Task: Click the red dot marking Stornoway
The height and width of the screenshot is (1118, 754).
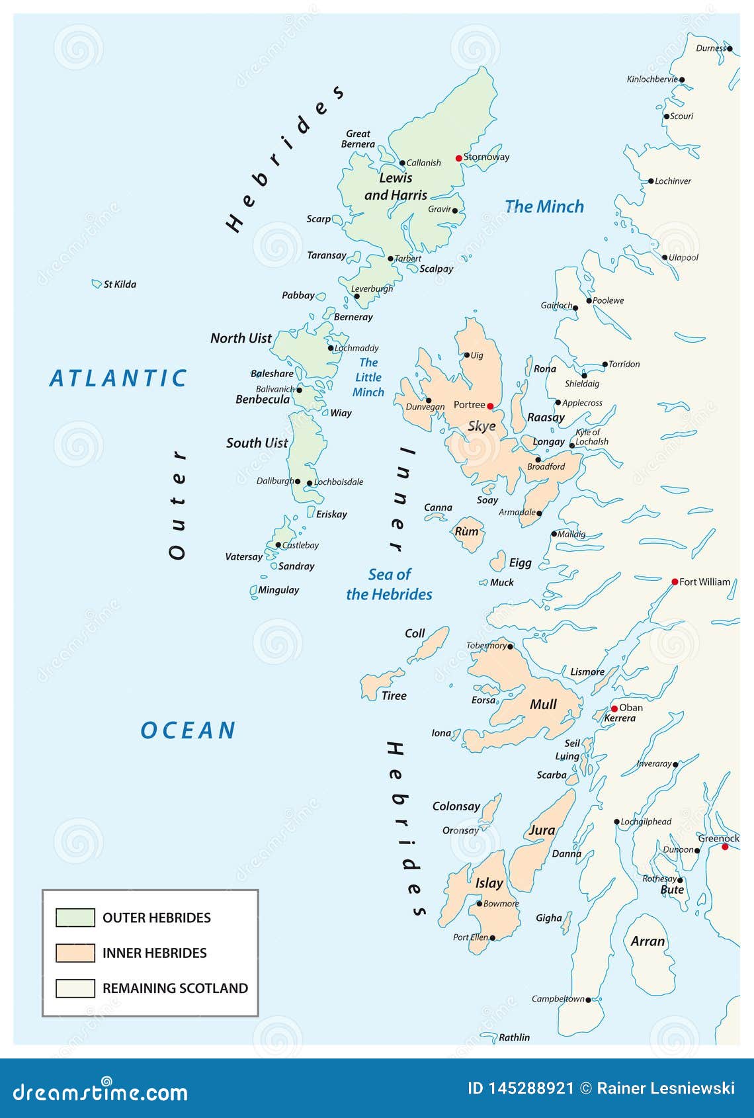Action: point(458,158)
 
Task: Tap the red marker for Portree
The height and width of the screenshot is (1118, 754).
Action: point(490,406)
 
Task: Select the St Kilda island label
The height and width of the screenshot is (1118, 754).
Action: point(120,284)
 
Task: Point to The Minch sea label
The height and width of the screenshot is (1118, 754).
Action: point(544,206)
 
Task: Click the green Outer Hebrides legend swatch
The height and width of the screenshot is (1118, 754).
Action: point(75,918)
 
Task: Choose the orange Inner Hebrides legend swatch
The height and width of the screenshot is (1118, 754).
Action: point(75,953)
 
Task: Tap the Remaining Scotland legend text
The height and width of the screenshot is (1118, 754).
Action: point(175,988)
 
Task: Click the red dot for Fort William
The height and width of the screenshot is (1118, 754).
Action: point(675,582)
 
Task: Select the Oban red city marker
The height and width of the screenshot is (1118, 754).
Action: point(614,709)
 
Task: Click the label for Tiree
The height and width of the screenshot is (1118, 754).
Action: point(394,695)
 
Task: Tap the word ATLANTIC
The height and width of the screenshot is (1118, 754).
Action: point(119,378)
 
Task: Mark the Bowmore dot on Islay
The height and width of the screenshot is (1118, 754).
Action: point(480,904)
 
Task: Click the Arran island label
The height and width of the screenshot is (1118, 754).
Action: point(647,941)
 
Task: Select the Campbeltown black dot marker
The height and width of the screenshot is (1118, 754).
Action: point(588,1000)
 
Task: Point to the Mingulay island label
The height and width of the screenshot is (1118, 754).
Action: point(278,590)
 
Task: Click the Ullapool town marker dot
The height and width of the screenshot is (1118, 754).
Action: point(664,258)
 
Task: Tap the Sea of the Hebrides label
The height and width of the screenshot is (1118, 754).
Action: point(389,584)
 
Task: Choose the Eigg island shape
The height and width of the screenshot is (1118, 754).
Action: point(497,562)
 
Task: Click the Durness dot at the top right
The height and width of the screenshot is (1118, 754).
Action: point(730,48)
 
